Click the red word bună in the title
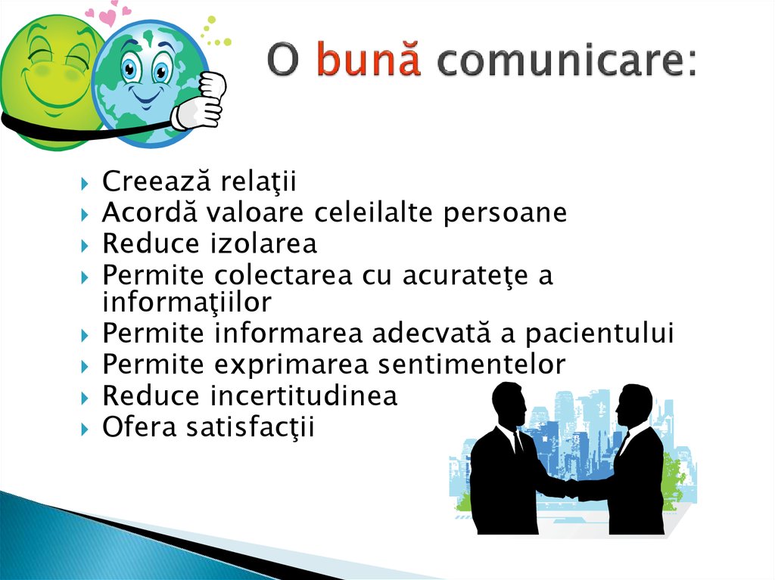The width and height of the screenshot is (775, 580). tap(369, 59)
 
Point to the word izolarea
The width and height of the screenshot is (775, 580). tap(263, 243)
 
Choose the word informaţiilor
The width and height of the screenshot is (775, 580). tap(187, 302)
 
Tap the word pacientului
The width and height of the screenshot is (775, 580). tap(599, 333)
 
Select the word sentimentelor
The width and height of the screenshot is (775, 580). tap(472, 364)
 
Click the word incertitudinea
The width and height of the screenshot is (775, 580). tap(304, 395)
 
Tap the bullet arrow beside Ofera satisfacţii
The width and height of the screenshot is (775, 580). tap(85, 430)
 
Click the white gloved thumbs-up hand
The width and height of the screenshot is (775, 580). tap(200, 102)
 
